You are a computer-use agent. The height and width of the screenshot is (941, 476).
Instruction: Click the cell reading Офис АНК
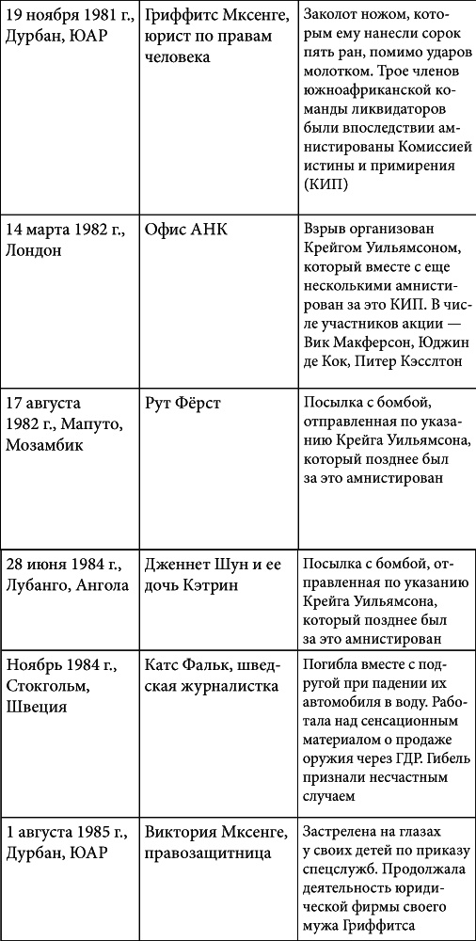[185, 231]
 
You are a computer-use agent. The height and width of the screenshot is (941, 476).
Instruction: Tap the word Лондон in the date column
[34, 251]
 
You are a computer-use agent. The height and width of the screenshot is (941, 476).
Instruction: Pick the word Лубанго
[39, 586]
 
